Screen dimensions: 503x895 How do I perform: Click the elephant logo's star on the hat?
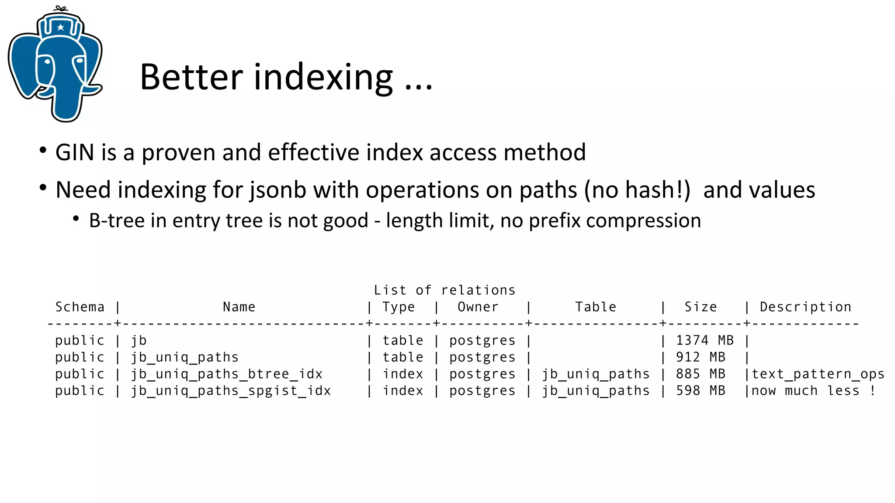(60, 28)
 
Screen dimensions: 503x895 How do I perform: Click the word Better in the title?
(191, 77)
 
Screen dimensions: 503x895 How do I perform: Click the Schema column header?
(80, 307)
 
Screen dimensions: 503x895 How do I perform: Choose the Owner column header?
(478, 307)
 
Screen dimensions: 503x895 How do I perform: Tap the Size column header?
(701, 307)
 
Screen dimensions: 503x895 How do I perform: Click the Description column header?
(805, 307)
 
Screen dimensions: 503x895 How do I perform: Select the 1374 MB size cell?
(704, 341)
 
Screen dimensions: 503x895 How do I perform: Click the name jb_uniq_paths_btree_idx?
(227, 374)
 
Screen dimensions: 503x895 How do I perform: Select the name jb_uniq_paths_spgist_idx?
(231, 391)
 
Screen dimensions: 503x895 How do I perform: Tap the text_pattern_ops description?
(818, 374)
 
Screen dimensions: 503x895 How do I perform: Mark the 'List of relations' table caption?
(444, 290)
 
